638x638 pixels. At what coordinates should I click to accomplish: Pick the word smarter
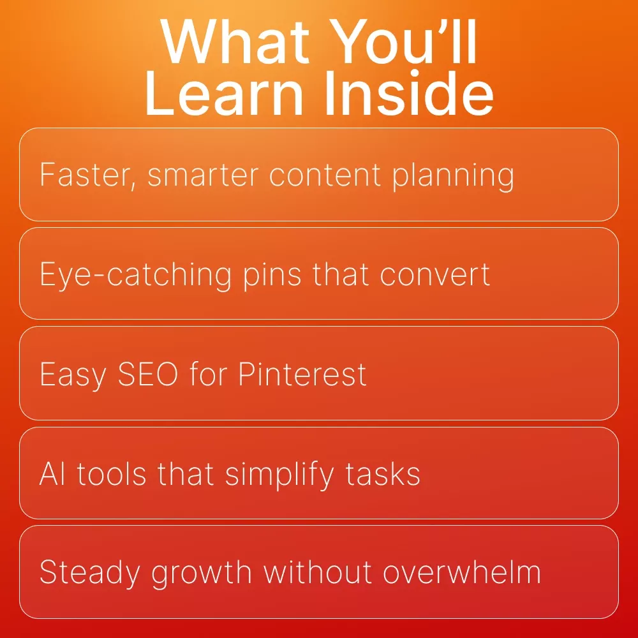[203, 175]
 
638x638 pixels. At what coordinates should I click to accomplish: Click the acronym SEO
[148, 374]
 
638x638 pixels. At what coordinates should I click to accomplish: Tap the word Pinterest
[302, 374]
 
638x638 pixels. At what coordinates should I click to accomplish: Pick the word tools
[112, 474]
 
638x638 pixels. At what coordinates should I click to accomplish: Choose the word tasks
[383, 474]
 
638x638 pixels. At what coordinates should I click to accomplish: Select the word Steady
[89, 574]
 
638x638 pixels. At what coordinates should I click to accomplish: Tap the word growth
[202, 574]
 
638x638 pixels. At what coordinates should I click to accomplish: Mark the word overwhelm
[462, 572]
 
